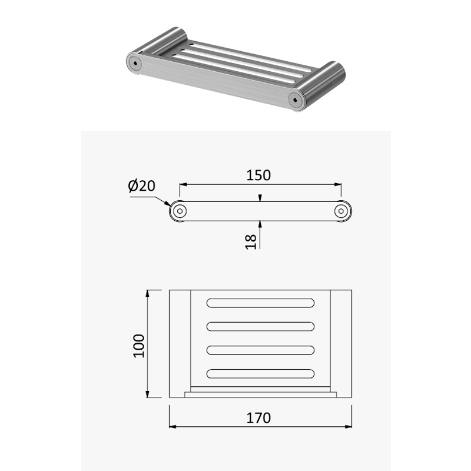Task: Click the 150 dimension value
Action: coord(258,175)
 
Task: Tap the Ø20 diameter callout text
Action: coord(141,185)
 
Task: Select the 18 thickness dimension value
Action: coord(251,242)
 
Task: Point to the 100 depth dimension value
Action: coord(139,346)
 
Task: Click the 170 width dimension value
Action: coord(258,418)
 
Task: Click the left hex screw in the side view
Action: coord(180,211)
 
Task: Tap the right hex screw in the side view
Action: coord(341,211)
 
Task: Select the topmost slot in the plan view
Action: coord(260,303)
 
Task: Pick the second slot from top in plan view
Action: coord(260,327)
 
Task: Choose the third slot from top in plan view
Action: coord(260,350)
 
